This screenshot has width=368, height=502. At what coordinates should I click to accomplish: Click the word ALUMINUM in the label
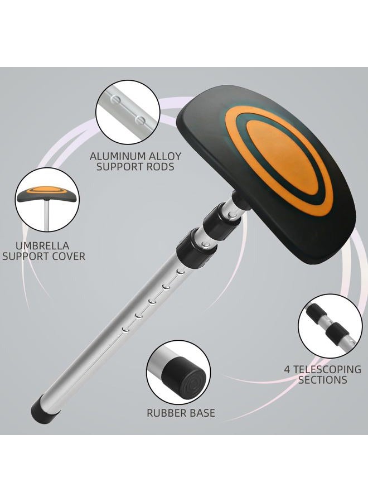pyautogui.click(x=117, y=156)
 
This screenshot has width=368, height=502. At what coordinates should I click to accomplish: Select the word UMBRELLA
pyautogui.click(x=42, y=246)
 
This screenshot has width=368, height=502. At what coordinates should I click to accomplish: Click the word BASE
pyautogui.click(x=202, y=413)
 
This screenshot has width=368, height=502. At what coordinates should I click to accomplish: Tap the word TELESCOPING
pyautogui.click(x=327, y=369)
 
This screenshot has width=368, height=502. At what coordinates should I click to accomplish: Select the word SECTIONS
pyautogui.click(x=323, y=380)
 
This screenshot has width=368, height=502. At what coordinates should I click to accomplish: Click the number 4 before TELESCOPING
pyautogui.click(x=287, y=369)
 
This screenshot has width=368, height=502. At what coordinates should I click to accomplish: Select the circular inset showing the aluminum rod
pyautogui.click(x=128, y=112)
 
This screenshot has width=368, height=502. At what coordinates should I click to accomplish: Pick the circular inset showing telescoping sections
pyautogui.click(x=330, y=326)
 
